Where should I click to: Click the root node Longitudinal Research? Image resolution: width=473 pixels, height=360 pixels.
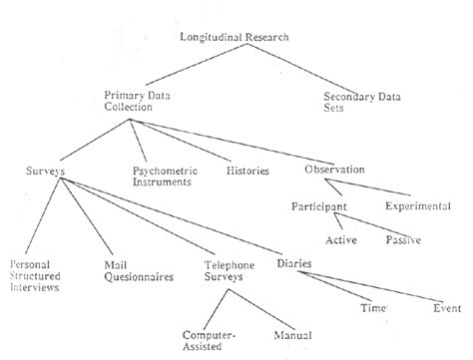coord(235,38)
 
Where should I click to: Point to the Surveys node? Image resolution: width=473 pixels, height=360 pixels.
coord(45,172)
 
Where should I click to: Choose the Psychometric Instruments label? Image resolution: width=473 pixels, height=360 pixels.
coord(164,178)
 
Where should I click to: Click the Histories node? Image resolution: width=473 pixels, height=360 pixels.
coord(247,172)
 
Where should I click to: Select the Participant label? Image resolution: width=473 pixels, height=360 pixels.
coord(319,206)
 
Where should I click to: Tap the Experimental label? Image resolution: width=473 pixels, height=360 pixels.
coord(417,206)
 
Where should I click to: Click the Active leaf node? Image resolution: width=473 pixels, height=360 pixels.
coord(341,240)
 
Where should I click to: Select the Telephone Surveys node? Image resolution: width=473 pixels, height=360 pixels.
coord(229,271)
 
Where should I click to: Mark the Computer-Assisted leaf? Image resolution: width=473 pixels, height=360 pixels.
coord(209,342)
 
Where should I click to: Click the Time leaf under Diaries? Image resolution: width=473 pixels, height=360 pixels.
coord(371,308)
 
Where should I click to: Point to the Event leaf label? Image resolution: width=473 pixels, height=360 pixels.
coord(446,308)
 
